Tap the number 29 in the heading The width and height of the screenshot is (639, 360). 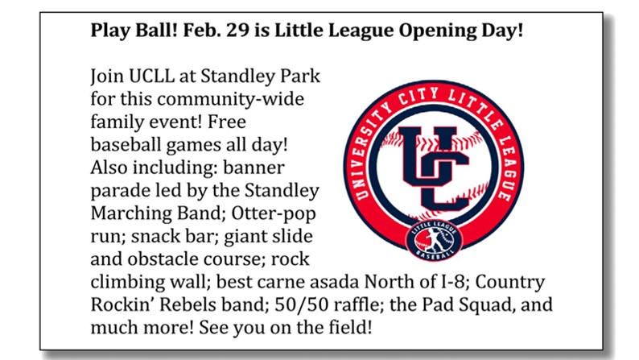(237, 30)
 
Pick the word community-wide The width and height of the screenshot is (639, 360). (231, 100)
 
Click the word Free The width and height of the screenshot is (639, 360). (227, 122)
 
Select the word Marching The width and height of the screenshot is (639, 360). (129, 213)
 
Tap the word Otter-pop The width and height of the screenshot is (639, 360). (274, 213)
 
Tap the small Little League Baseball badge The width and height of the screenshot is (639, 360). (434, 241)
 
